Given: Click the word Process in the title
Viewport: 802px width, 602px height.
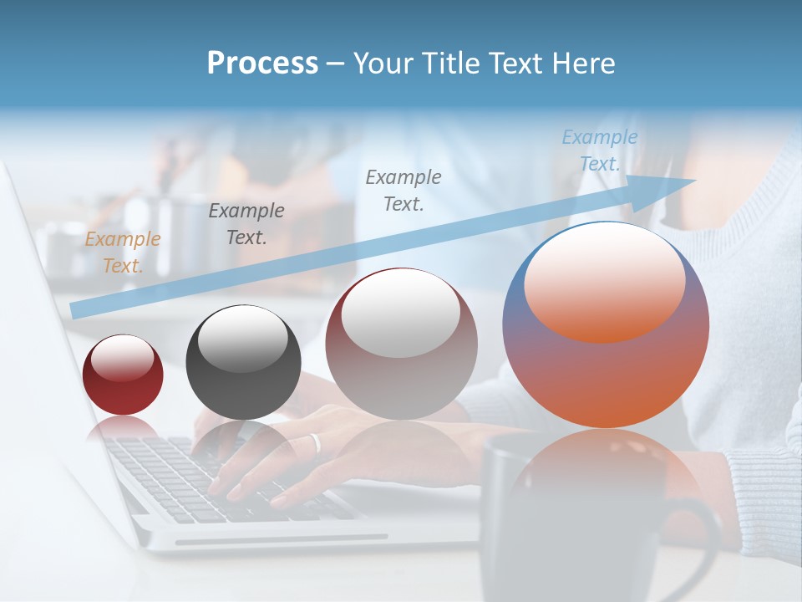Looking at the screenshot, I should [262, 64].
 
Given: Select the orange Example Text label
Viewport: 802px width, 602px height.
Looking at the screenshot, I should [122, 253].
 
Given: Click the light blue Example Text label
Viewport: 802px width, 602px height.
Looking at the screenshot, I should [599, 150].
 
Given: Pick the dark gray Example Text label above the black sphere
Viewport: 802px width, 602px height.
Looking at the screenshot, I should [246, 224].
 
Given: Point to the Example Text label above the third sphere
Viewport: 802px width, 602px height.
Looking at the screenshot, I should [404, 190].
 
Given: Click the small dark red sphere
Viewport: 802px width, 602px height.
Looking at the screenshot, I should [123, 375].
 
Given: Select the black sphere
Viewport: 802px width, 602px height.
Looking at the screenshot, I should [243, 363].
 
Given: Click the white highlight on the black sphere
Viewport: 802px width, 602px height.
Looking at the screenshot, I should [243, 339].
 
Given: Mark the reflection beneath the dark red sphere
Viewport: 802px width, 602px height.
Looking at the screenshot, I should [122, 429].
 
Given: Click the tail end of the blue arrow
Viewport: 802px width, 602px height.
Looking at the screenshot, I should [74, 311].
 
